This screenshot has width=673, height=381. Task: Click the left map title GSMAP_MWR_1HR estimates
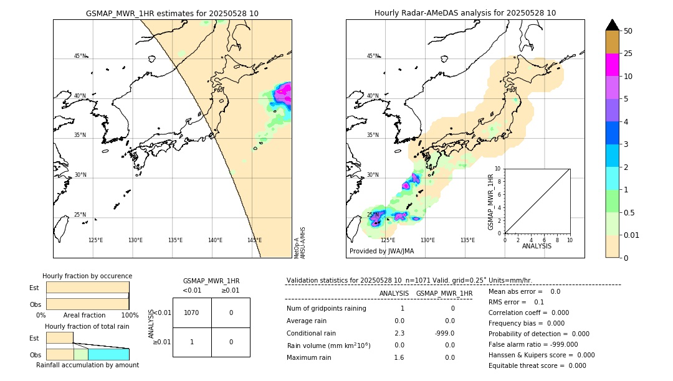pyautogui.click(x=172, y=13)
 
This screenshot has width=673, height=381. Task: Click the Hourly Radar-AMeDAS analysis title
pyautogui.click(x=465, y=13)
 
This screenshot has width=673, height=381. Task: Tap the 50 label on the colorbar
pyautogui.click(x=628, y=31)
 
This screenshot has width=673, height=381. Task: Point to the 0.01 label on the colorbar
pyautogui.click(x=632, y=235)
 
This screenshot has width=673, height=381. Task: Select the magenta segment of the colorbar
pyautogui.click(x=613, y=65)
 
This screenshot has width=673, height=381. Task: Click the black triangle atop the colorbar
pyautogui.click(x=613, y=25)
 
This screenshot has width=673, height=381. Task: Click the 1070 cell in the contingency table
pyautogui.click(x=192, y=313)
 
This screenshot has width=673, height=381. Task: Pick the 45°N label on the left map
pyautogui.click(x=80, y=56)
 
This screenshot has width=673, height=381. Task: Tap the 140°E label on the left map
pyautogui.click(x=215, y=240)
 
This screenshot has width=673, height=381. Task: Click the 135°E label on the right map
pyautogui.click(x=467, y=240)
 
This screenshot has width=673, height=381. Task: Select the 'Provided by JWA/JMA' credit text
pyautogui.click(x=381, y=252)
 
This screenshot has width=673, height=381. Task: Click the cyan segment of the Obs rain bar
pyautogui.click(x=108, y=354)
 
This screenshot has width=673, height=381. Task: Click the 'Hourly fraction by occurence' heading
pyautogui.click(x=87, y=276)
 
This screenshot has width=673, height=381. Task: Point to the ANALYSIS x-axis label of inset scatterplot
pyautogui.click(x=537, y=246)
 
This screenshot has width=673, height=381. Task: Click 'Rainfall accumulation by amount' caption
pyautogui.click(x=87, y=365)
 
